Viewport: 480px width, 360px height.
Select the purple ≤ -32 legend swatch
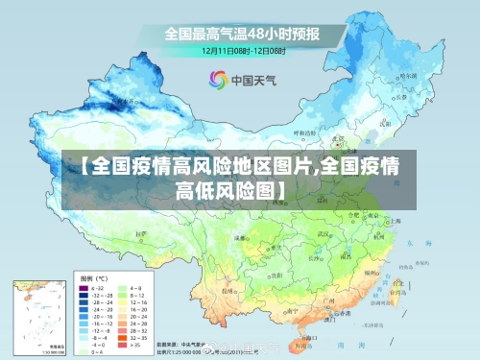click(84, 288)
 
